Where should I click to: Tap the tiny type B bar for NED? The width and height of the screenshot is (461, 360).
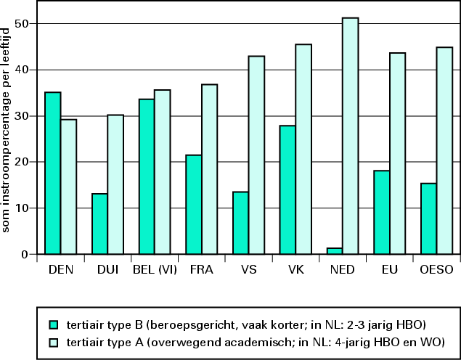pyautogui.click(x=334, y=251)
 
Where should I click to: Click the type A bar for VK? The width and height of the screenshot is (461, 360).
pyautogui.click(x=303, y=149)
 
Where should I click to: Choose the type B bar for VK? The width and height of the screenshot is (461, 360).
pyautogui.click(x=287, y=189)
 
